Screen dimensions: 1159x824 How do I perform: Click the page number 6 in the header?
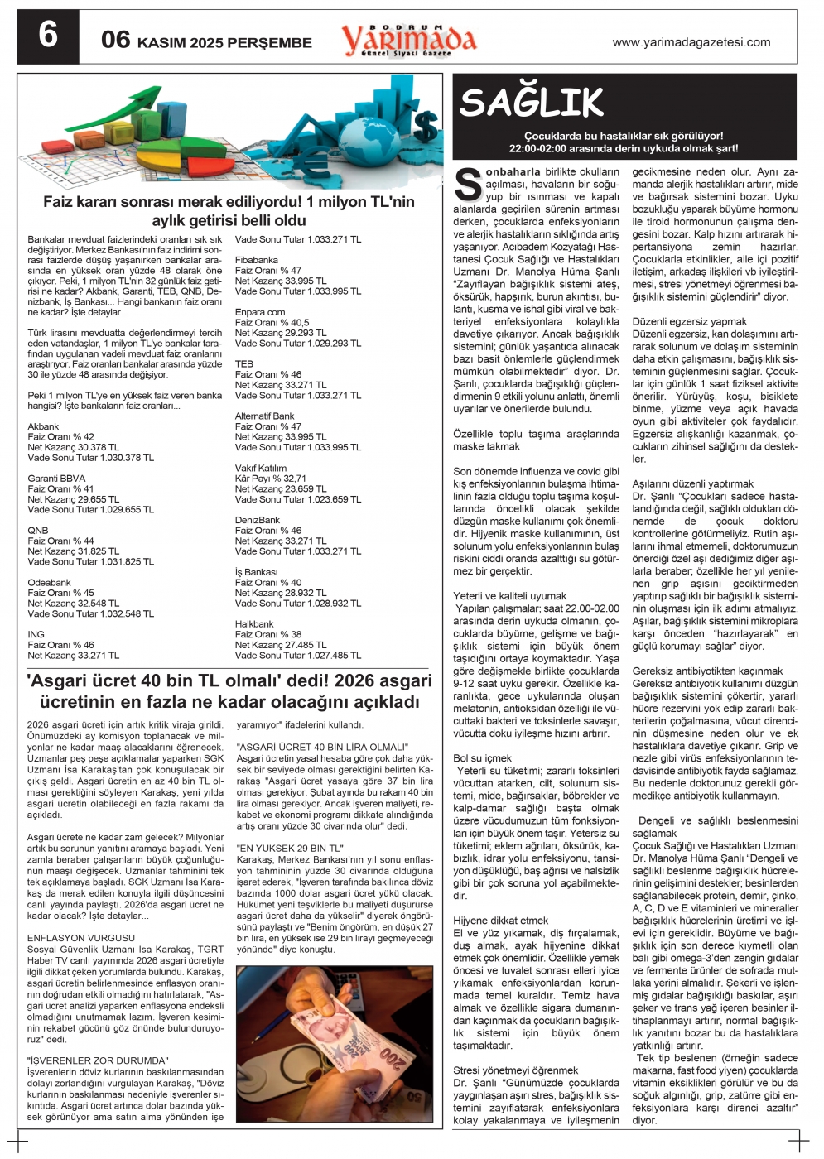click(x=48, y=36)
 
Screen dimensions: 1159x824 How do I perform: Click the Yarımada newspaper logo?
click(x=409, y=39)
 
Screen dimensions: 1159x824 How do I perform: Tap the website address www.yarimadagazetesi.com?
click(x=691, y=42)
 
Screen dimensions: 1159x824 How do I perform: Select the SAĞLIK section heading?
click(x=532, y=103)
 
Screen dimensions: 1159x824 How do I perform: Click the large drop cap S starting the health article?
click(x=468, y=185)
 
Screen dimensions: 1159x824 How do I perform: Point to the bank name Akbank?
click(x=43, y=426)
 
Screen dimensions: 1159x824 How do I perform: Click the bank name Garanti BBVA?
click(x=56, y=479)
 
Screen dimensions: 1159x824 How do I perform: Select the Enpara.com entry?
click(x=259, y=312)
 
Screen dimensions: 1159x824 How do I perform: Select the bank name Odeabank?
click(x=49, y=583)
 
